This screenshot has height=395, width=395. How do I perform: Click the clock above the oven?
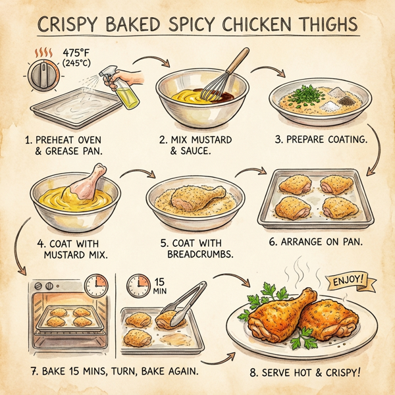click(x=95, y=284)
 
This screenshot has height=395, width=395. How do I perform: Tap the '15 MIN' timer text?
click(x=159, y=284)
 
